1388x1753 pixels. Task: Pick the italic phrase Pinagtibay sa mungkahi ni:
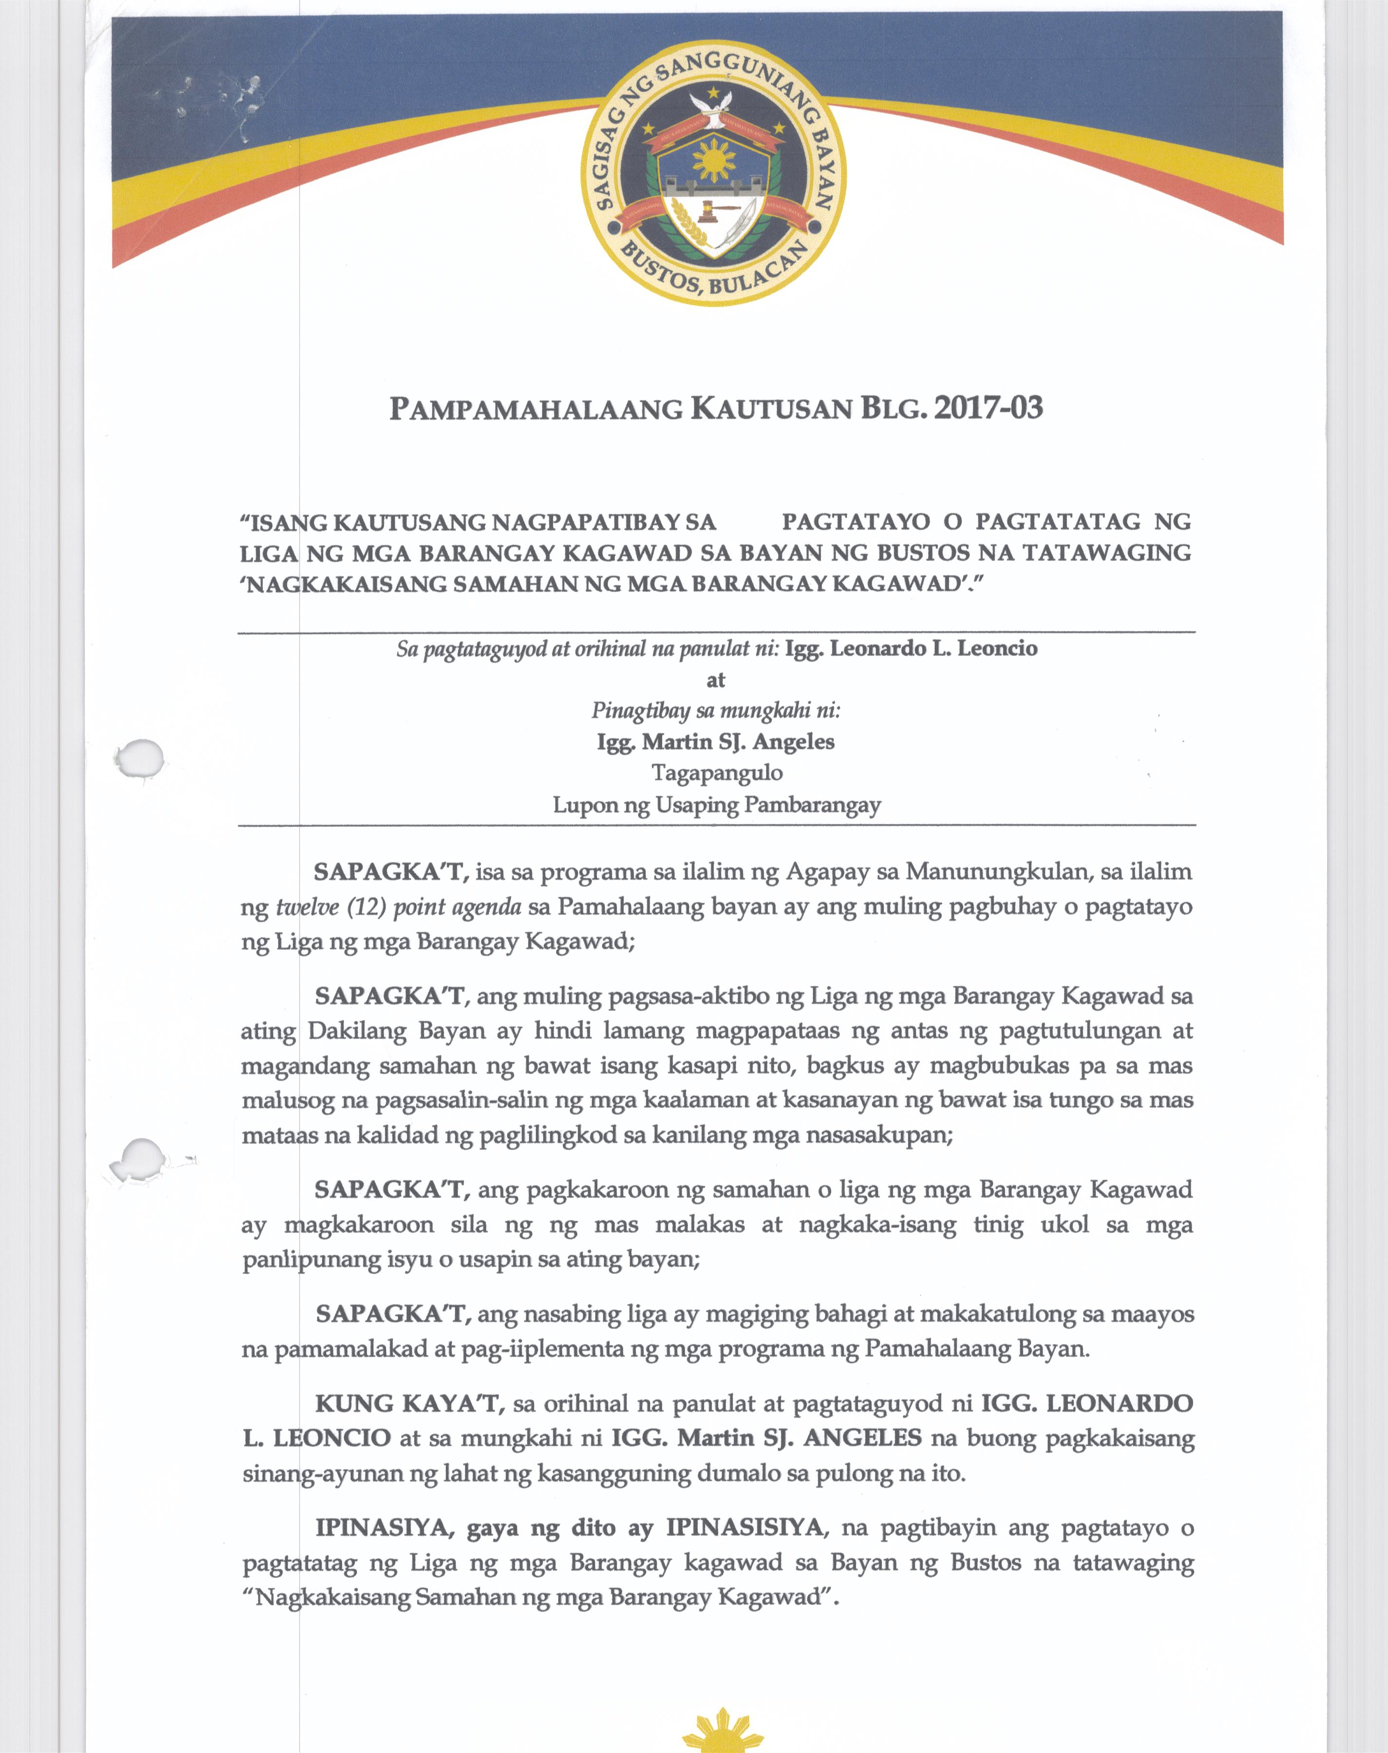[715, 711]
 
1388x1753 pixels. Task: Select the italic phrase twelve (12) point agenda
[398, 907]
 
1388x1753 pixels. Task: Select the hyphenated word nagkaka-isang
[877, 1225]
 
